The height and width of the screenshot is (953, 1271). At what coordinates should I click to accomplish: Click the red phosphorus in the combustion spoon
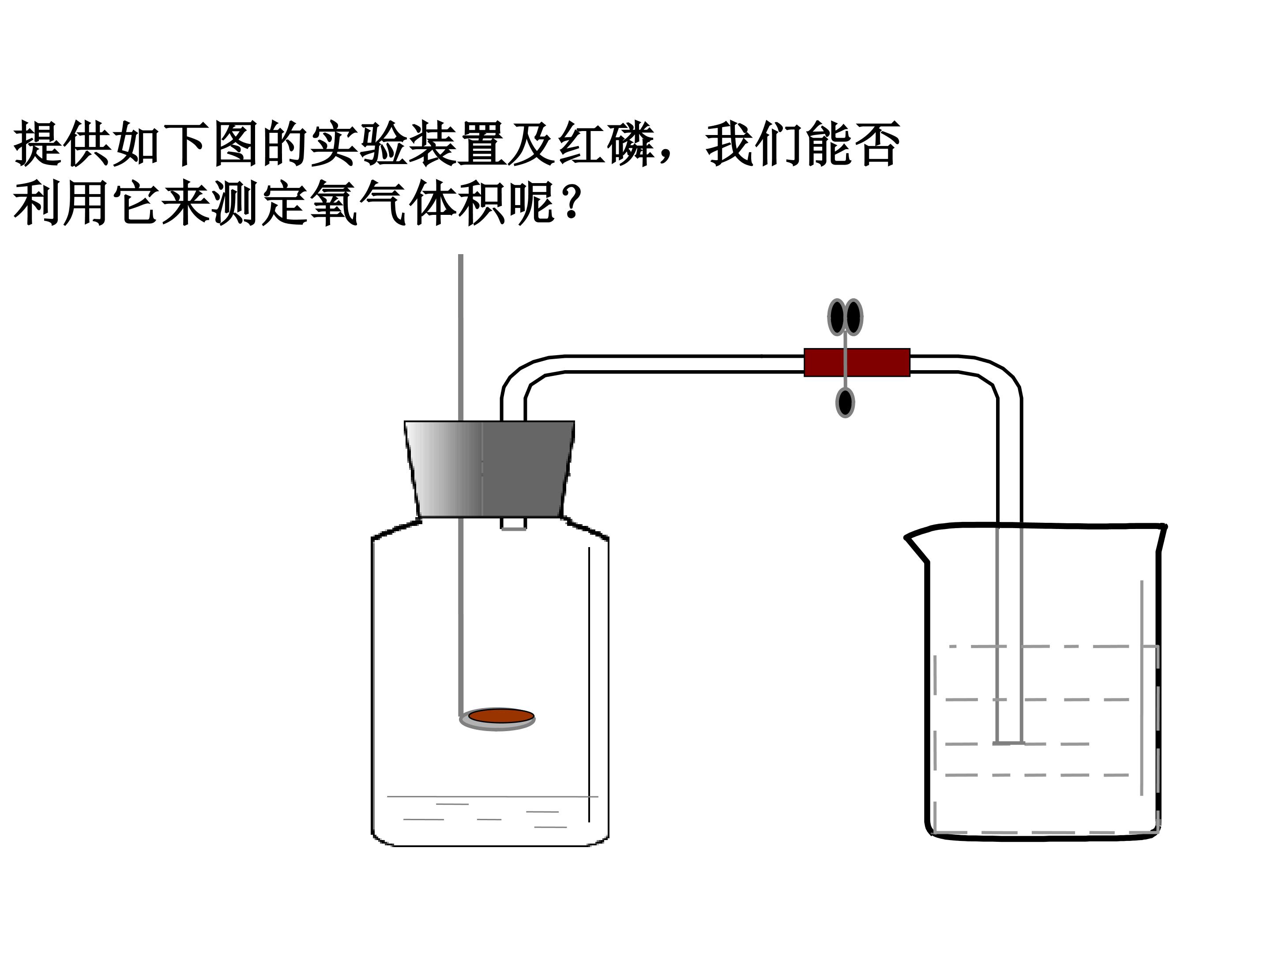point(501,716)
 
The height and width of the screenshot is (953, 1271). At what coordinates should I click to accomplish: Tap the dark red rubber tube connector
point(857,363)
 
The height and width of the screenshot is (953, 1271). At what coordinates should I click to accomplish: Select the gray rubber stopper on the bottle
point(489,469)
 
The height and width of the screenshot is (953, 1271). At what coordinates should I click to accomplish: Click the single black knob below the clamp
point(845,401)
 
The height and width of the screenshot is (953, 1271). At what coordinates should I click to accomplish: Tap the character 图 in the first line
point(236,143)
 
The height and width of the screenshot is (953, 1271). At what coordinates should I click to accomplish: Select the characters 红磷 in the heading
point(607,143)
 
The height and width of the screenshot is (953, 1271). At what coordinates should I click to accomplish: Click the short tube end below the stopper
point(514,524)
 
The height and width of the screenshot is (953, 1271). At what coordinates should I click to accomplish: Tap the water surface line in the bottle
point(493,797)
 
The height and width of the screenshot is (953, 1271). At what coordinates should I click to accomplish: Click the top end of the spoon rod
point(460,255)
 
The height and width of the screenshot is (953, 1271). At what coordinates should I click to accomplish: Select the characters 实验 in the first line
point(360,143)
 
